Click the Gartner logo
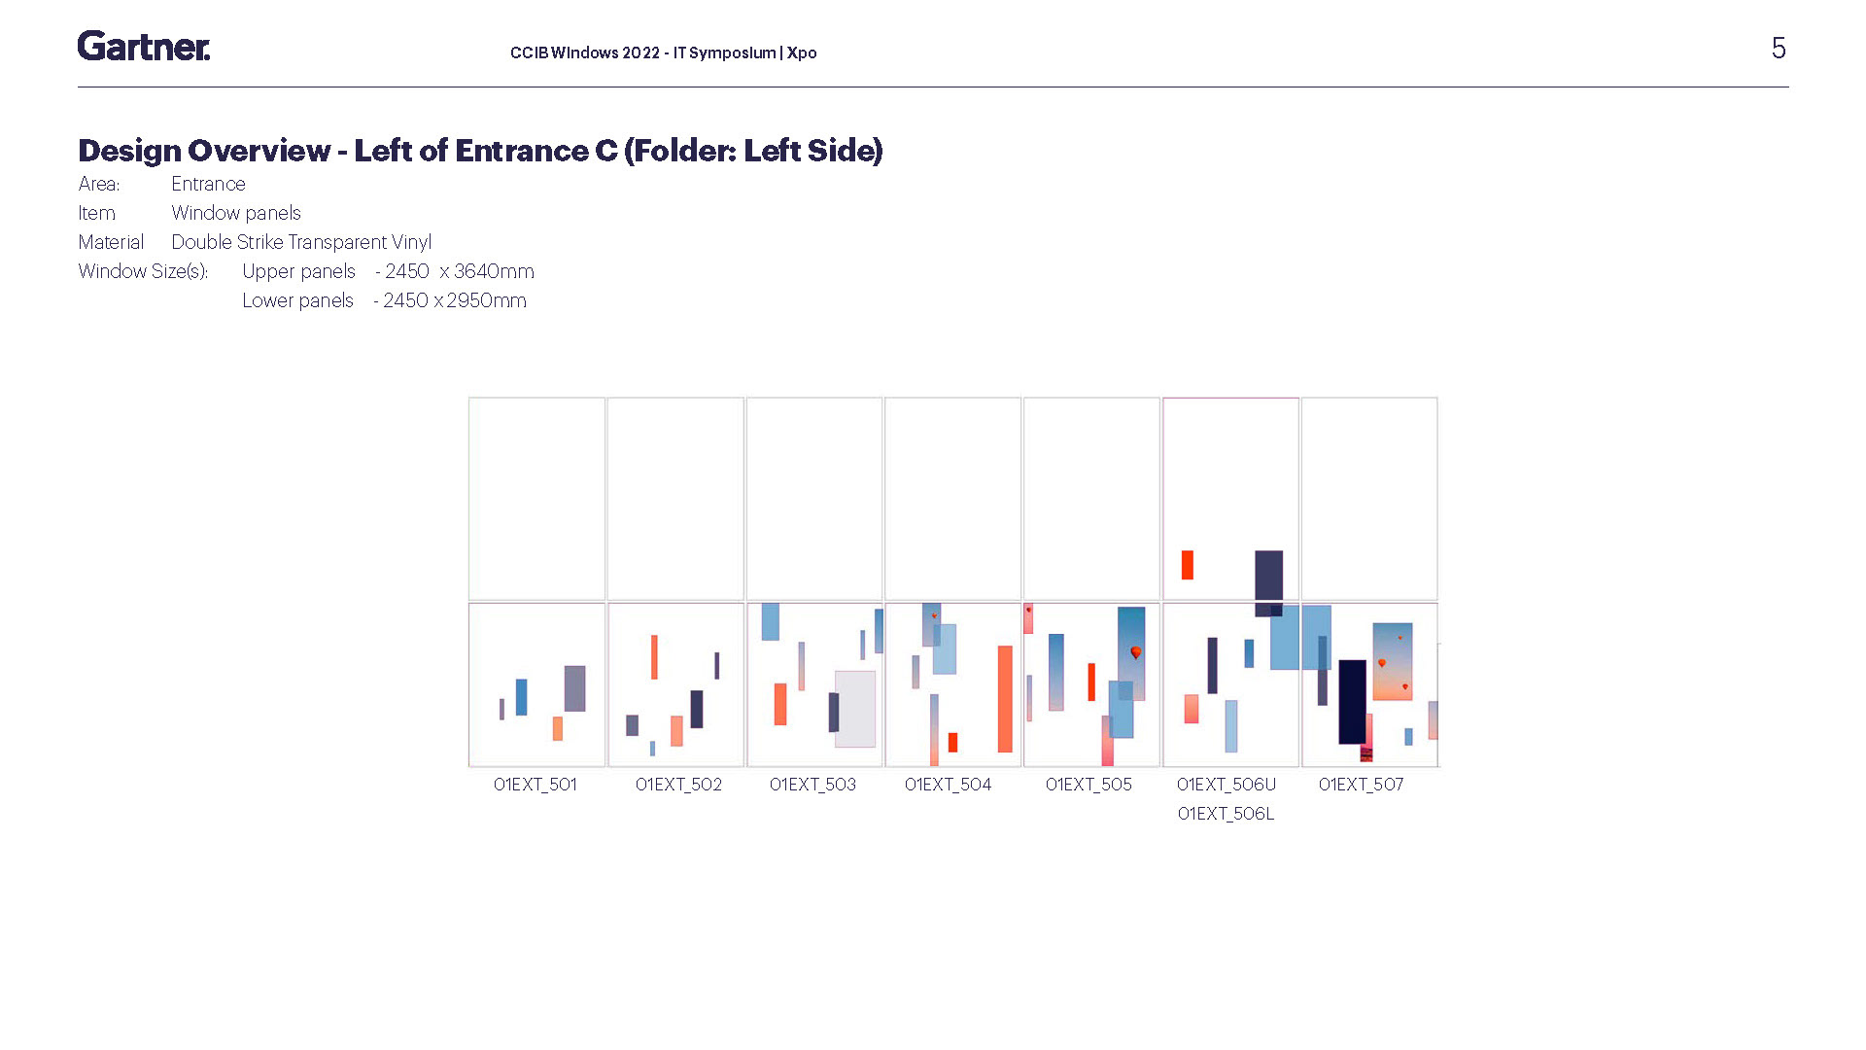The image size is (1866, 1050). (144, 46)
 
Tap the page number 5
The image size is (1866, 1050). (1779, 49)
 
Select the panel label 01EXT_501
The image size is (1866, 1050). (535, 785)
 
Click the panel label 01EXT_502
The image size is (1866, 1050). (678, 785)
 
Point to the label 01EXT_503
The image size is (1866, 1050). (812, 785)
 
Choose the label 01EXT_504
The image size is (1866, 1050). (948, 785)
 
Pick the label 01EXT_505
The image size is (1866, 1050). (1088, 785)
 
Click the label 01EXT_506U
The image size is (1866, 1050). (1227, 785)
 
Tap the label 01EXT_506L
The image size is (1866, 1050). (1226, 814)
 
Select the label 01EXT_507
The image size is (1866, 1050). (1361, 785)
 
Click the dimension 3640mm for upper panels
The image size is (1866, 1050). (494, 271)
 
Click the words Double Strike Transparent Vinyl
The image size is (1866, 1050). (301, 242)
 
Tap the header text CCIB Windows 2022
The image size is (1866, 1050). (585, 52)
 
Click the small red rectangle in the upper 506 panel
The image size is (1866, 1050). (1187, 565)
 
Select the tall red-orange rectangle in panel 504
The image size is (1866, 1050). (1005, 699)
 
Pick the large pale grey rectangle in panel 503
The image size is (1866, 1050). (856, 709)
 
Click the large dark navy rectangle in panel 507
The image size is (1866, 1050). (1352, 701)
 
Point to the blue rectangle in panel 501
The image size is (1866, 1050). (521, 697)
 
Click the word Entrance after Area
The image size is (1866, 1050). (208, 184)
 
